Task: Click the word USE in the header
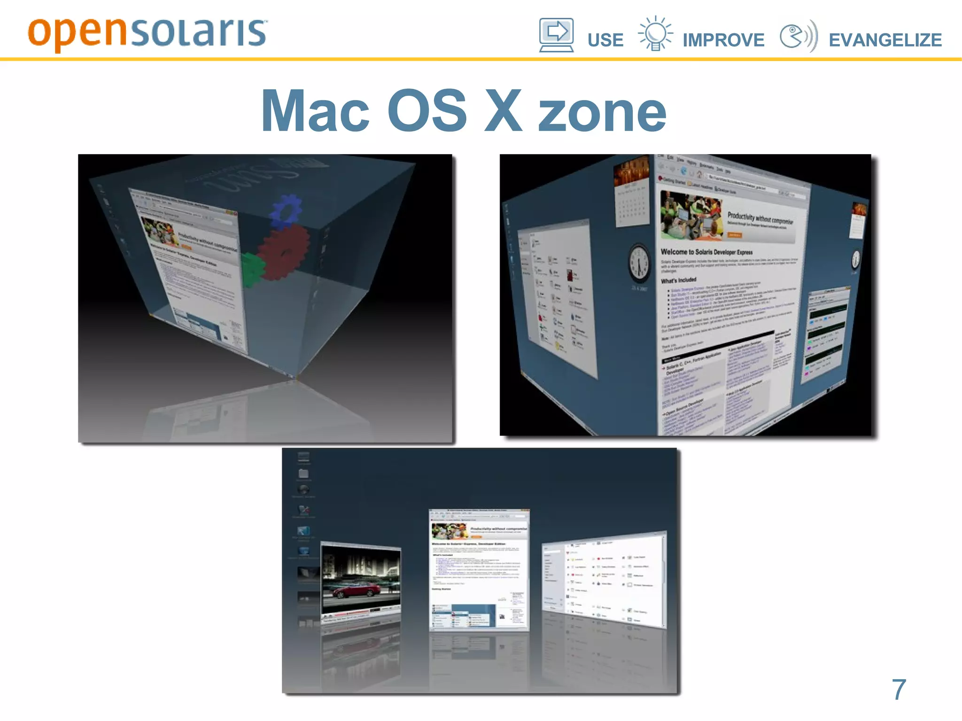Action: [x=605, y=40]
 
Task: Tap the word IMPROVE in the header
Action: [x=723, y=40]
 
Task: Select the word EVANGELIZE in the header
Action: [x=885, y=40]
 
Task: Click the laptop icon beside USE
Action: [x=556, y=35]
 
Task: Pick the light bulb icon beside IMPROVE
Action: [x=655, y=33]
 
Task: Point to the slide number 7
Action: [x=899, y=690]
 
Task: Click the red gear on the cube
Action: [x=284, y=251]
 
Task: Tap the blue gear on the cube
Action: [x=286, y=210]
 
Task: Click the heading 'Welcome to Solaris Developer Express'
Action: [x=706, y=252]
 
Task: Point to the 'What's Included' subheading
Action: [x=678, y=280]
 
